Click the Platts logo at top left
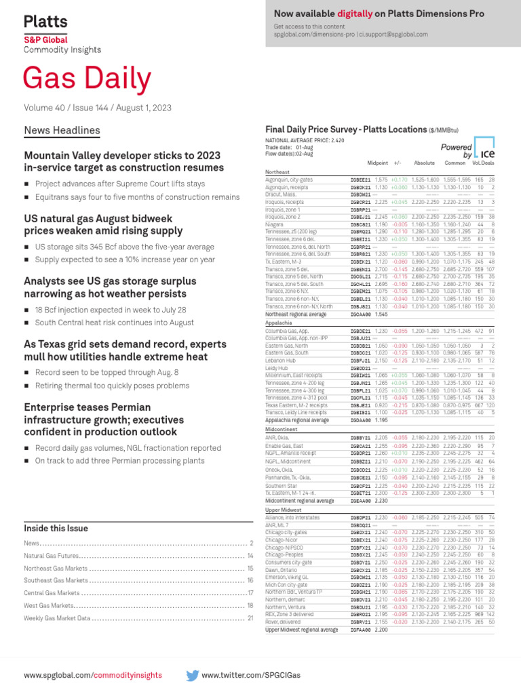point(45,22)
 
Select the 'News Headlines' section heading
point(62,130)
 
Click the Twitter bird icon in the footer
point(192,675)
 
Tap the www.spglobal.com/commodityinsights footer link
point(93,675)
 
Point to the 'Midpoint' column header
point(377,163)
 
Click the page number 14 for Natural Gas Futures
point(250,556)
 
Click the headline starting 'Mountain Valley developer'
point(123,161)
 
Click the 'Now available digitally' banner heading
point(379,14)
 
